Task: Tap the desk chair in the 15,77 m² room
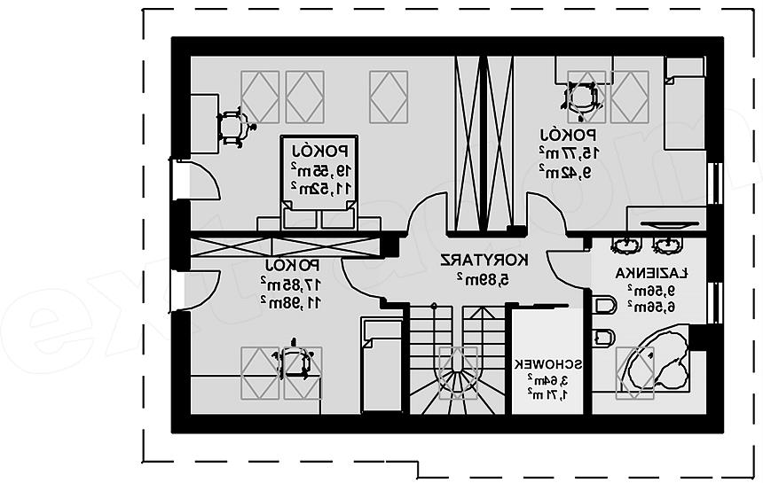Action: (582, 97)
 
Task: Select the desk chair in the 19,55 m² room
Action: (232, 128)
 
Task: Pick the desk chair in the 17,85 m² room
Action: (293, 362)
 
